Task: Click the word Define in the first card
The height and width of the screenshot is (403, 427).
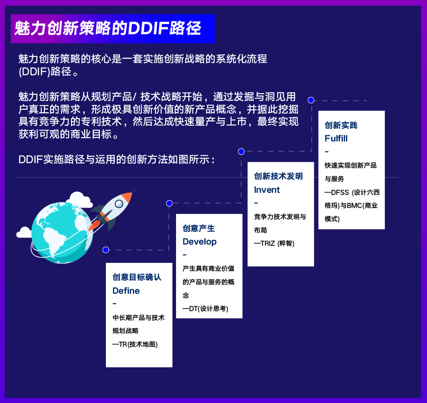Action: (126, 291)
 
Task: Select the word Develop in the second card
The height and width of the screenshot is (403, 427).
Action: (200, 242)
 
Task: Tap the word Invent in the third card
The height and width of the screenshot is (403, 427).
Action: (267, 190)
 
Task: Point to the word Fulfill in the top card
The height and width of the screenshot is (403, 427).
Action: (336, 138)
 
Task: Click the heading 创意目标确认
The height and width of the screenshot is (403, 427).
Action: (137, 277)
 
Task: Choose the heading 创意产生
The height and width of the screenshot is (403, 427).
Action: (199, 228)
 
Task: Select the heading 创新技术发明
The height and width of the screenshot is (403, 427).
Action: (278, 176)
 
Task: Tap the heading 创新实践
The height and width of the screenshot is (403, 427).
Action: (341, 125)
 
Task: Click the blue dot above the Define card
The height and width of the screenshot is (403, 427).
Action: (105, 250)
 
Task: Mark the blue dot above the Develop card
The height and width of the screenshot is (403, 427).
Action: (169, 203)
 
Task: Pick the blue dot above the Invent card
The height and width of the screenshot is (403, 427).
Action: (241, 151)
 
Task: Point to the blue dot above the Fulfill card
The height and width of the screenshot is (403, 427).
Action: (311, 100)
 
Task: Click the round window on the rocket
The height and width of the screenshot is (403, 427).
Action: (119, 204)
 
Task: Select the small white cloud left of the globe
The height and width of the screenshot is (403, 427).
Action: (24, 233)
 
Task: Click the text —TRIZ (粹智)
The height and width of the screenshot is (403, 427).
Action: (274, 243)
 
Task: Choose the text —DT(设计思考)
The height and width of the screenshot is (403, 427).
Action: (205, 309)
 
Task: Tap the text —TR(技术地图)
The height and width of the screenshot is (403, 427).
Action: (135, 344)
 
